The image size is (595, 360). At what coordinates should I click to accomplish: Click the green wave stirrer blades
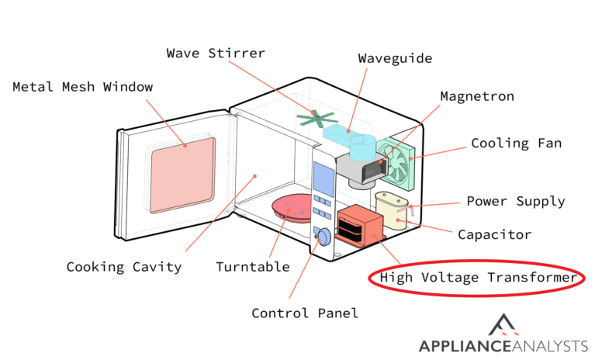click(x=314, y=119)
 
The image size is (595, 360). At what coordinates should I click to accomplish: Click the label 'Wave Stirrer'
click(x=216, y=54)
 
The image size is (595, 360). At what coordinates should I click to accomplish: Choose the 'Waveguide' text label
click(x=395, y=58)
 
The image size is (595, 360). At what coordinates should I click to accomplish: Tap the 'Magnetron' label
click(x=477, y=96)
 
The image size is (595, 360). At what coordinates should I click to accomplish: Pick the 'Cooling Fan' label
click(x=517, y=144)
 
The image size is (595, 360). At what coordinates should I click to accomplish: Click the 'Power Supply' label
click(x=515, y=202)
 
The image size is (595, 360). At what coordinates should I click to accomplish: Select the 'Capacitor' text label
click(x=494, y=234)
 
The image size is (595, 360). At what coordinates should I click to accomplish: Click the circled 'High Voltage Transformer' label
click(x=477, y=278)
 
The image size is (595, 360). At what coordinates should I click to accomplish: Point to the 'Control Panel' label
click(x=305, y=313)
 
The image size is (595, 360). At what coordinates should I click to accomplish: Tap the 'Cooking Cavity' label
click(x=124, y=267)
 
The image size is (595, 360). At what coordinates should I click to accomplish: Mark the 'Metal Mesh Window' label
click(x=82, y=86)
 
